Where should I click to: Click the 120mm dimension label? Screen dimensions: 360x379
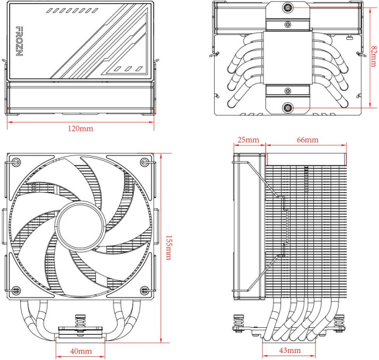point(80,129)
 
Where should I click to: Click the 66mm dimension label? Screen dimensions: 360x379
point(306,139)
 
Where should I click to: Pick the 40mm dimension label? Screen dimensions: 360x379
point(80,351)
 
